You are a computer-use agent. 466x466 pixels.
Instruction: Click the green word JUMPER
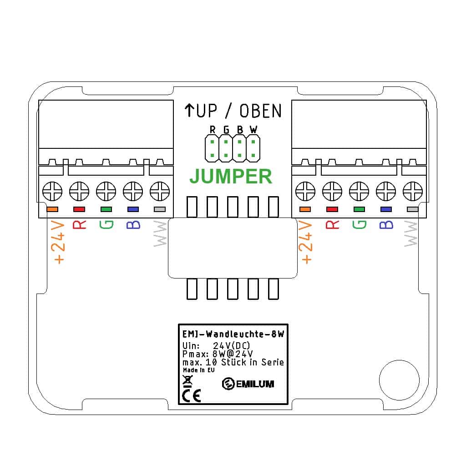[x=231, y=176]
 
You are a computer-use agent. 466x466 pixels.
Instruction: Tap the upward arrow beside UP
[x=189, y=110]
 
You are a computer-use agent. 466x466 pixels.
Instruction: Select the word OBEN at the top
[x=260, y=111]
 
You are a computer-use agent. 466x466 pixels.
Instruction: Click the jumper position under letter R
[x=212, y=148]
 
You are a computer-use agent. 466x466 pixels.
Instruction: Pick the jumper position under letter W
[x=253, y=148]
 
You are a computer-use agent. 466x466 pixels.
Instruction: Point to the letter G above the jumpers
[x=227, y=130]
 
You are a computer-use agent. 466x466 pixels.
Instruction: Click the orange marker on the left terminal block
[x=52, y=209]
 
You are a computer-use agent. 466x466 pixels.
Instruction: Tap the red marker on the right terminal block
[x=332, y=209]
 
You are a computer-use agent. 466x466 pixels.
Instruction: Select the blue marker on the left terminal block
[x=133, y=209]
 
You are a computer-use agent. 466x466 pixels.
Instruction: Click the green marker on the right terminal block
[x=359, y=209]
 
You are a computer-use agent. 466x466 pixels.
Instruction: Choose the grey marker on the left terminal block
[x=160, y=209]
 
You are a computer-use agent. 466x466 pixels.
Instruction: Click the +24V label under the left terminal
[x=59, y=242]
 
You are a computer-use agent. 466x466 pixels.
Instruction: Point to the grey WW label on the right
[x=411, y=233]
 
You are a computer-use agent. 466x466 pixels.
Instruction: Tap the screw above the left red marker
[x=79, y=191]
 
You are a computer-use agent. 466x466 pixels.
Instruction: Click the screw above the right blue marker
[x=386, y=191]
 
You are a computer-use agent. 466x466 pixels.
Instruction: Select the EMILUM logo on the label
[x=248, y=384]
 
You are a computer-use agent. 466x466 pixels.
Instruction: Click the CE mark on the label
[x=192, y=395]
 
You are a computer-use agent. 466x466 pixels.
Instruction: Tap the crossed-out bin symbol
[x=187, y=381]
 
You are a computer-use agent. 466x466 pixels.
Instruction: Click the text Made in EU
[x=198, y=370]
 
